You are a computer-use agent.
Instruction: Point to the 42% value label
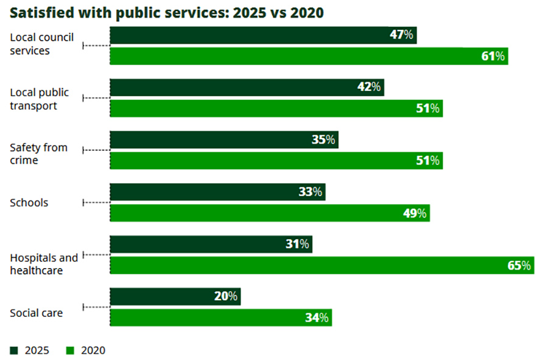[x=369, y=88]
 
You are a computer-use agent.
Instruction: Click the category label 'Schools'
[x=29, y=203]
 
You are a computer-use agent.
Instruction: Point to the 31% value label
[x=298, y=245]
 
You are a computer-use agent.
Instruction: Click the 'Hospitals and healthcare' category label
[x=44, y=264]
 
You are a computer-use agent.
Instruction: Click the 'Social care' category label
[x=36, y=313]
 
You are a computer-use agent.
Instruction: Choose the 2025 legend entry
[x=30, y=350]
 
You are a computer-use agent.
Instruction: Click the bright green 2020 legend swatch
[x=69, y=350]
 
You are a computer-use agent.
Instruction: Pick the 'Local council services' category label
[x=41, y=44]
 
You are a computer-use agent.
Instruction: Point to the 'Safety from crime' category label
[x=38, y=154]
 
